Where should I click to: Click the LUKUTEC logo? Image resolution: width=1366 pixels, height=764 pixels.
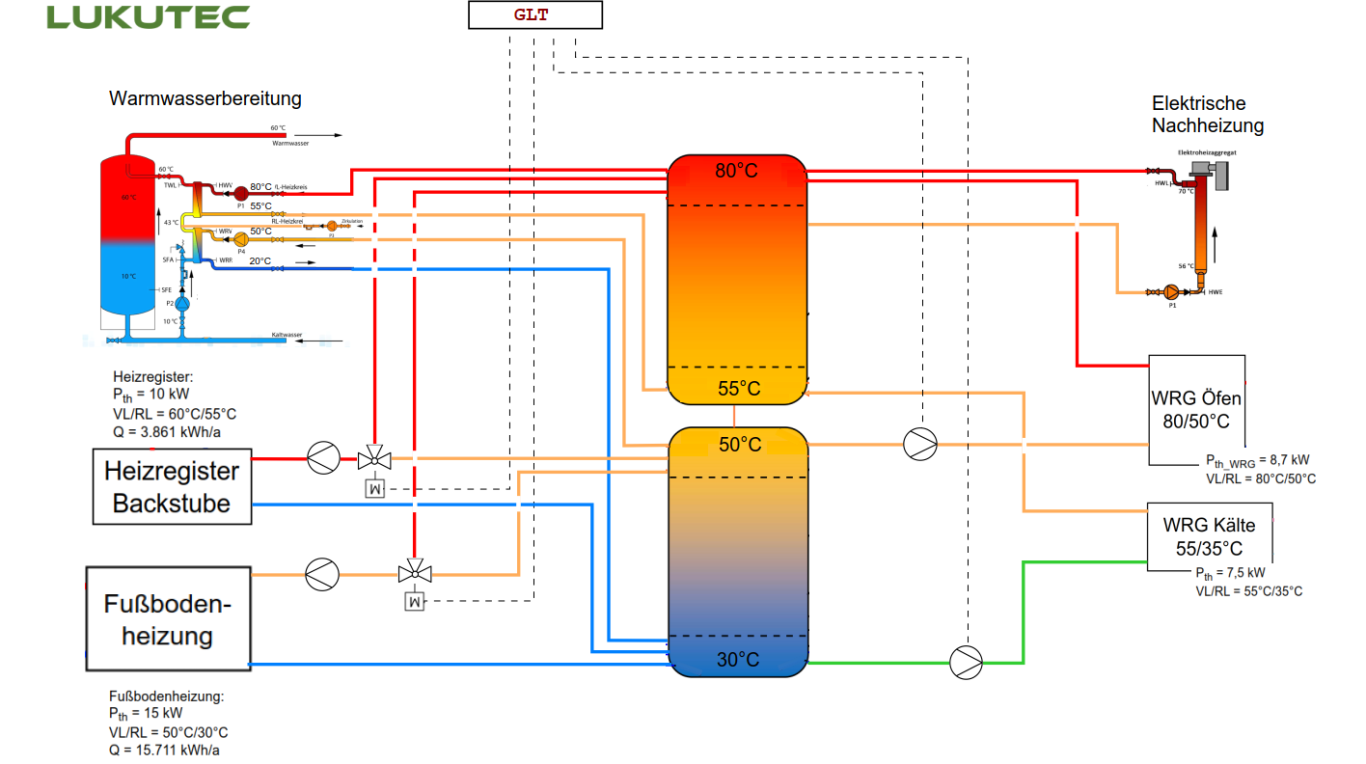(x=148, y=17)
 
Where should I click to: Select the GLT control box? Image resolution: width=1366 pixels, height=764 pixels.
(x=535, y=15)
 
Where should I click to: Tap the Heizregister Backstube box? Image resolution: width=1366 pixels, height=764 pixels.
(x=172, y=487)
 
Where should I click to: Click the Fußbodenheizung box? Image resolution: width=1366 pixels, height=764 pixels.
(x=168, y=619)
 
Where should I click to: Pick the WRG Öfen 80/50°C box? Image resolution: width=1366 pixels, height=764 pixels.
(x=1196, y=410)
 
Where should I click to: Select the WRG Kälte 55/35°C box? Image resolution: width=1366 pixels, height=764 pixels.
(x=1208, y=535)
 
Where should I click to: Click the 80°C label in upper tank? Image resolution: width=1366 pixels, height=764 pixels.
(x=736, y=171)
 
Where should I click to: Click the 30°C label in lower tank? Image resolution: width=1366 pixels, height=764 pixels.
(x=737, y=660)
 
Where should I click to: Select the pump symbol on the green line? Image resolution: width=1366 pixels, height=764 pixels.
(x=966, y=661)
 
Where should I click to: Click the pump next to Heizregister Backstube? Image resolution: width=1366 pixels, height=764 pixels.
(x=323, y=459)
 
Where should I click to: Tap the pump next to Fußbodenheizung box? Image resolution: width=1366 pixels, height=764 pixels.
(x=322, y=574)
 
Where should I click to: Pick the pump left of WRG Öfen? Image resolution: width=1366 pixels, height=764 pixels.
(x=919, y=444)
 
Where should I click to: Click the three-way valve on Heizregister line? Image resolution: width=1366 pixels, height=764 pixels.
(x=374, y=459)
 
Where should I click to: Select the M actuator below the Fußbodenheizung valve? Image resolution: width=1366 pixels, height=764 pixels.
(x=411, y=602)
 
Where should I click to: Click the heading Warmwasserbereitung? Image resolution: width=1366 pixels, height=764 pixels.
(x=205, y=99)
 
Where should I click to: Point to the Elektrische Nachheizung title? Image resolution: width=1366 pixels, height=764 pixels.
(x=1207, y=114)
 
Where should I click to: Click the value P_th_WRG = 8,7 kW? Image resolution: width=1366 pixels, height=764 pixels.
(x=1257, y=460)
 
